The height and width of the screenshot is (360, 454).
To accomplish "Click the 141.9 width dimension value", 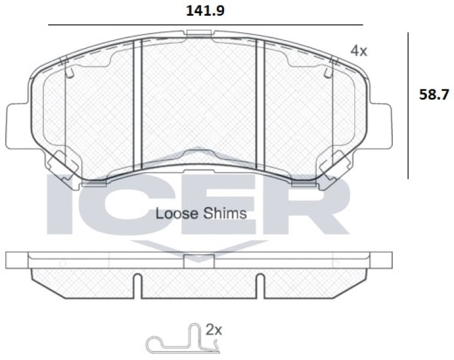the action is coord(205,11).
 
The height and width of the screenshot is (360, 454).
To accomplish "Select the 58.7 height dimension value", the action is coord(434,95).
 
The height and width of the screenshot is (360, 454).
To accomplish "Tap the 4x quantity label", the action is coord(359,51).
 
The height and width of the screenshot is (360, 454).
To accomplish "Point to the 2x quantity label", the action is coord(214,329).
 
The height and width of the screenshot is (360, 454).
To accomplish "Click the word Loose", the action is coord(177,214).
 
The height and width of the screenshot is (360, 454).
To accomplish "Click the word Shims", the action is coord(225,214).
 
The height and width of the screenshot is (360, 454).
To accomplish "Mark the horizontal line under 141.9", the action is coord(205,25).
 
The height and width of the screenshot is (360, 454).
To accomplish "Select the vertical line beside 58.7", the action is coord(408,106).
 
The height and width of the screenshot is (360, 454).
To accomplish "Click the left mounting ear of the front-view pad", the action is coord(17,125).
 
